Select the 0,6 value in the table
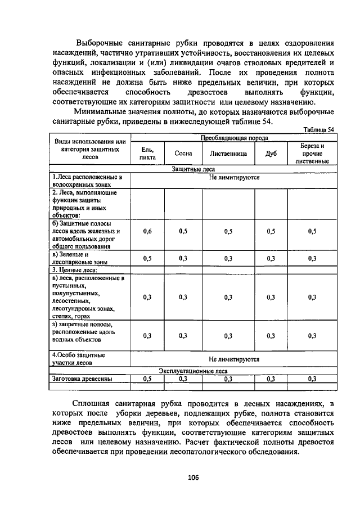(x=147, y=231)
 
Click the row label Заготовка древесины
(x=82, y=379)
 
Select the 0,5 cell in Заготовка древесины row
(x=147, y=379)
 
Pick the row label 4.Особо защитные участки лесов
(x=79, y=359)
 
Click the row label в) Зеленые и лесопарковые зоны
(x=79, y=258)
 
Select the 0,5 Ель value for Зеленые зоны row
(x=147, y=258)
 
